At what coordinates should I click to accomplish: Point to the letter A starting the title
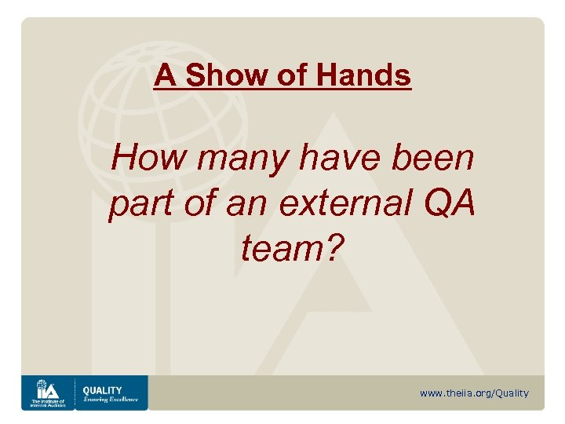(164, 76)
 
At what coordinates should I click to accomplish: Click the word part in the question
(135, 204)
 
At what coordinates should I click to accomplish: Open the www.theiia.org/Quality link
(474, 393)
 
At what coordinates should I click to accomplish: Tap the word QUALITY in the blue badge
(103, 390)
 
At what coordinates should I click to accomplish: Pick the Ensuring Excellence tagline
(111, 400)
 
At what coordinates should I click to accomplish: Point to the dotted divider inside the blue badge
(75, 393)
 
